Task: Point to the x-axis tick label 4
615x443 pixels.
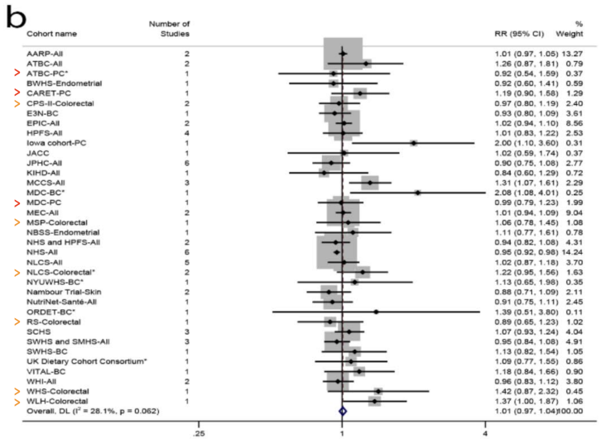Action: click(x=485, y=431)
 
